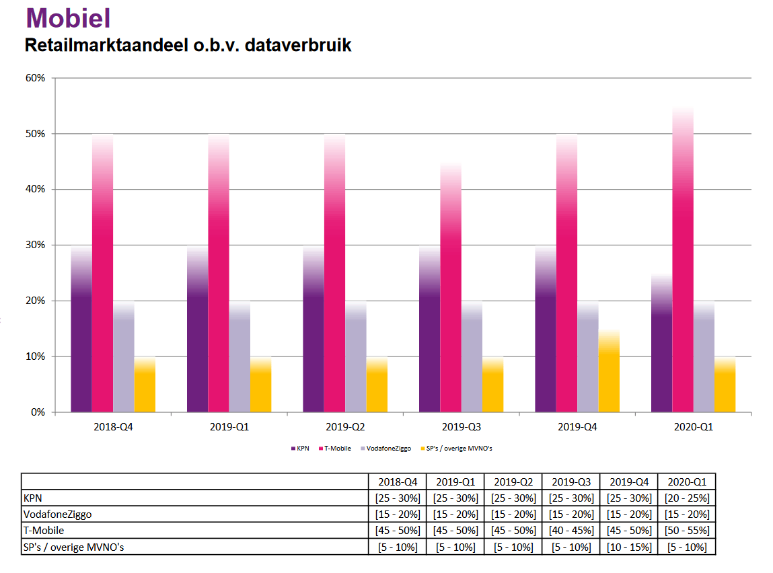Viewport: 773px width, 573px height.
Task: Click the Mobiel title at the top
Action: [x=67, y=18]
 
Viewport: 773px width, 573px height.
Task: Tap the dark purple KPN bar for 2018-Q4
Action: [x=81, y=330]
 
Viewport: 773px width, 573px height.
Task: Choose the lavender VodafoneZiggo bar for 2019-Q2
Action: [x=356, y=356]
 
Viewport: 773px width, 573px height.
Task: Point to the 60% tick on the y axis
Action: [x=36, y=78]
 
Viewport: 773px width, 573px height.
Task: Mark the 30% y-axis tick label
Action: [x=36, y=245]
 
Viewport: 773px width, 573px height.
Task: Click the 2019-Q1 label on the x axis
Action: [x=229, y=427]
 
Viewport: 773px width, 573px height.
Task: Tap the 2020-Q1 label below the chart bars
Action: [x=694, y=427]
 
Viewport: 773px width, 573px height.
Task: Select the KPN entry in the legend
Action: [x=299, y=448]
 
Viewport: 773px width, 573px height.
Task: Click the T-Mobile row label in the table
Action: [x=44, y=530]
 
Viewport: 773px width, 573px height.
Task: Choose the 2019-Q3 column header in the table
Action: [x=571, y=482]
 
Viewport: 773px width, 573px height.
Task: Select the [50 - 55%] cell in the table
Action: [x=687, y=531]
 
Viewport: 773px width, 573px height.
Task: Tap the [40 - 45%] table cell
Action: [x=571, y=531]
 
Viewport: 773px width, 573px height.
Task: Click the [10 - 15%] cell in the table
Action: [x=629, y=547]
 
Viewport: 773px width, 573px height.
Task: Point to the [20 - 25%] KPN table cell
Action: [x=687, y=498]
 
